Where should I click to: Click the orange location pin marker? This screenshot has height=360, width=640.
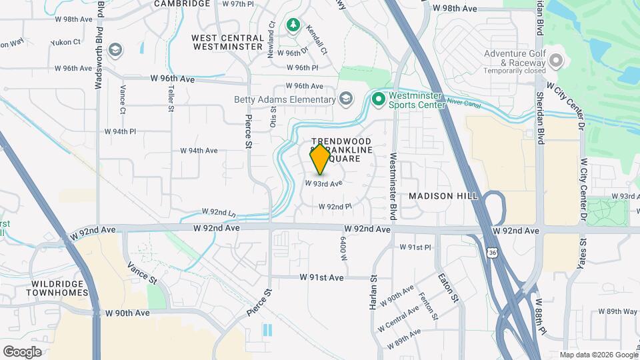[320, 159]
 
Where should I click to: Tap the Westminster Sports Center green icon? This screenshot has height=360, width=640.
[379, 99]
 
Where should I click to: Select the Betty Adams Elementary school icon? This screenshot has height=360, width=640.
[345, 99]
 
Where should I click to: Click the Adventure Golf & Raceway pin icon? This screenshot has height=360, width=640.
[556, 62]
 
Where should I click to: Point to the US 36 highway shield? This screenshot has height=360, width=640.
[492, 253]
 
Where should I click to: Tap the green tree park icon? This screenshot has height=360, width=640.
[292, 25]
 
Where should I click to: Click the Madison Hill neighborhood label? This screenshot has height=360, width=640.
[443, 196]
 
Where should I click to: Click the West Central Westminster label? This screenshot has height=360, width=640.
[227, 42]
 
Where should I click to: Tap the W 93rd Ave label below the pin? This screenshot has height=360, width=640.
[324, 183]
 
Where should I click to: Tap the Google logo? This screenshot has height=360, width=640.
[22, 351]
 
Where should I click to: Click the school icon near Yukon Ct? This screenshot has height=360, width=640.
[115, 50]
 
